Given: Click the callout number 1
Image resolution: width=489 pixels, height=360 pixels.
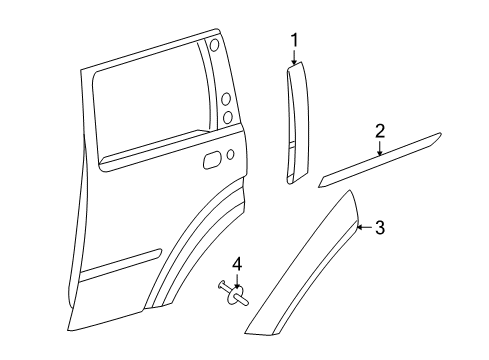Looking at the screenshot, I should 294,40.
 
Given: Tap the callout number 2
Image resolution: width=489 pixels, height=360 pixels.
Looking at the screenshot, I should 380,130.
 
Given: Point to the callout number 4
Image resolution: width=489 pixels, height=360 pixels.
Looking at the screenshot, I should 237,264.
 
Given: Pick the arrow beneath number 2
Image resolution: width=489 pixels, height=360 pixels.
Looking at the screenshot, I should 380,148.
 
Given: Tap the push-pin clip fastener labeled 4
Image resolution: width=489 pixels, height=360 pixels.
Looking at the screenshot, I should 231,293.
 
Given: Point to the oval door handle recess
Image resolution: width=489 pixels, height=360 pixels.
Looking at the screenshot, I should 212,159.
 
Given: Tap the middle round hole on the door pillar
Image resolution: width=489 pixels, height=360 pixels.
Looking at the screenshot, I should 227,99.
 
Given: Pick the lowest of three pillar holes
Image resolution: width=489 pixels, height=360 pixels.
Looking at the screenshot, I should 228,117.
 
